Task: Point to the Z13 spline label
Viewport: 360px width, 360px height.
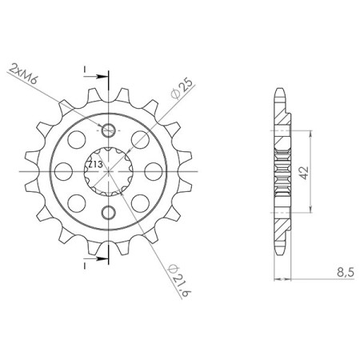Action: (94, 166)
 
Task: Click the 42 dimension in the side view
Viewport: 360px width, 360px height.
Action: (304, 174)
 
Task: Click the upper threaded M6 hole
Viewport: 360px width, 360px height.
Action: (109, 130)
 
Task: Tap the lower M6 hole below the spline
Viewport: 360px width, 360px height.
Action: (109, 211)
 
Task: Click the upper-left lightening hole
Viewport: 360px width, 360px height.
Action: (74, 140)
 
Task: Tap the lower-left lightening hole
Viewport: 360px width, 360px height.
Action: (74, 201)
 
